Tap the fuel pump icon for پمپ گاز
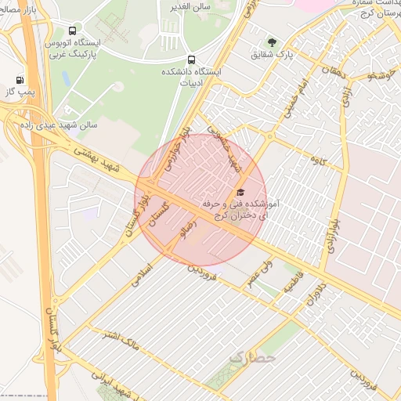point(20,79)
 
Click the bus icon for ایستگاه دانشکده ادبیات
point(191,60)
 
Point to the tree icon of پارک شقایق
point(272,42)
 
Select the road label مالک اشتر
point(121,338)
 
